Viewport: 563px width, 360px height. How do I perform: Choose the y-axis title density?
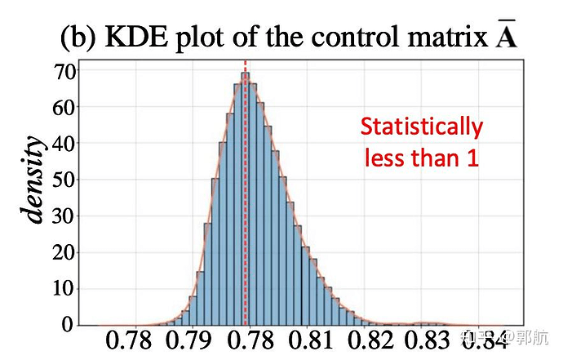click(x=34, y=180)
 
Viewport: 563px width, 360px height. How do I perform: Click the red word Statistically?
click(x=421, y=127)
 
